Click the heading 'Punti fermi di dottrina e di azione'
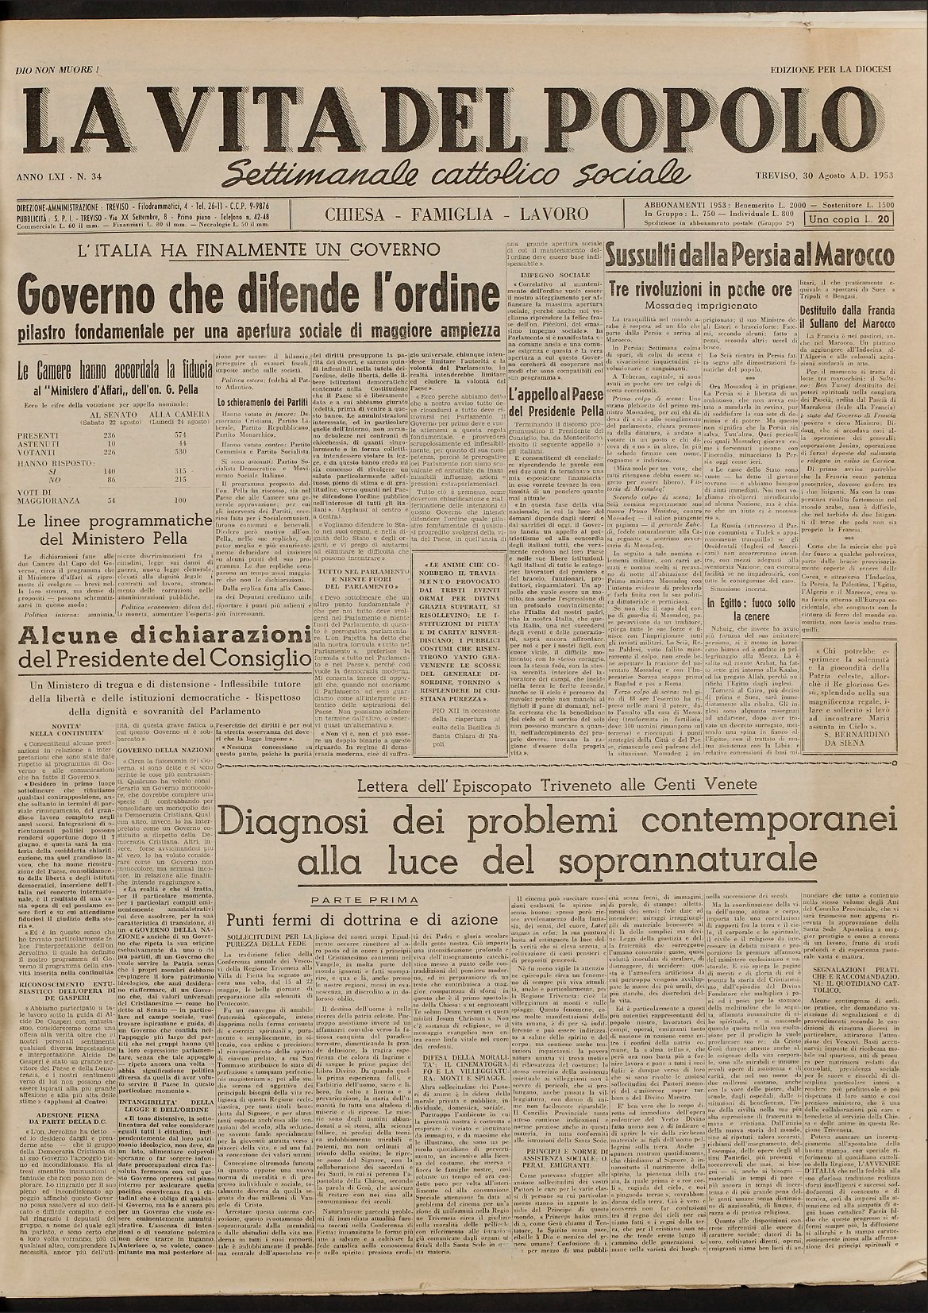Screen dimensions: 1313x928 point(362,920)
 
